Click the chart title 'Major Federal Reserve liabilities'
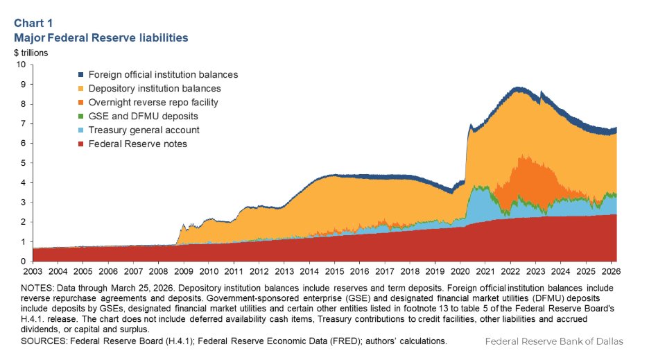[101, 37]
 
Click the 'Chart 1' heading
[33, 22]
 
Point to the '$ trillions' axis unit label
[31, 52]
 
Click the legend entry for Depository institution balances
[159, 88]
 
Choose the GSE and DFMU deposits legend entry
[148, 116]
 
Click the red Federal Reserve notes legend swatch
[81, 144]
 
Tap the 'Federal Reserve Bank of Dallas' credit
[554, 341]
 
